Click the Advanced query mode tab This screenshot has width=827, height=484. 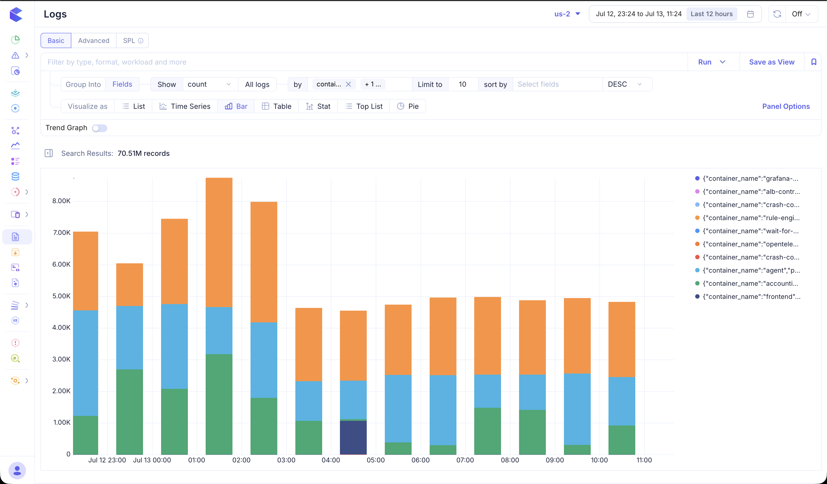(x=94, y=41)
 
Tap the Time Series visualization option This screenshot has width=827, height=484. (x=185, y=106)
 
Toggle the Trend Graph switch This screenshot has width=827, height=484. (x=100, y=128)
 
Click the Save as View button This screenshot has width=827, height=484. (x=771, y=62)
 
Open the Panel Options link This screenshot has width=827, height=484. (x=786, y=106)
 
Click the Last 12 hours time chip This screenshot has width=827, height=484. (x=712, y=14)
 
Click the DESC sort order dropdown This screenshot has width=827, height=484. (x=625, y=84)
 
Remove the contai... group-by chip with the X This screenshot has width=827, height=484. (x=348, y=84)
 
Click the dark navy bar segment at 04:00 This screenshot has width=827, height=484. (x=353, y=438)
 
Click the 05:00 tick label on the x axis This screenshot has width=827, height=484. (x=376, y=460)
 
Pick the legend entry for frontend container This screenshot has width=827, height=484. (x=748, y=297)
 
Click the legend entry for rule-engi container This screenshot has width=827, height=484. (x=748, y=218)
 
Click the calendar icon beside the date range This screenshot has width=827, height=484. (x=750, y=14)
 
